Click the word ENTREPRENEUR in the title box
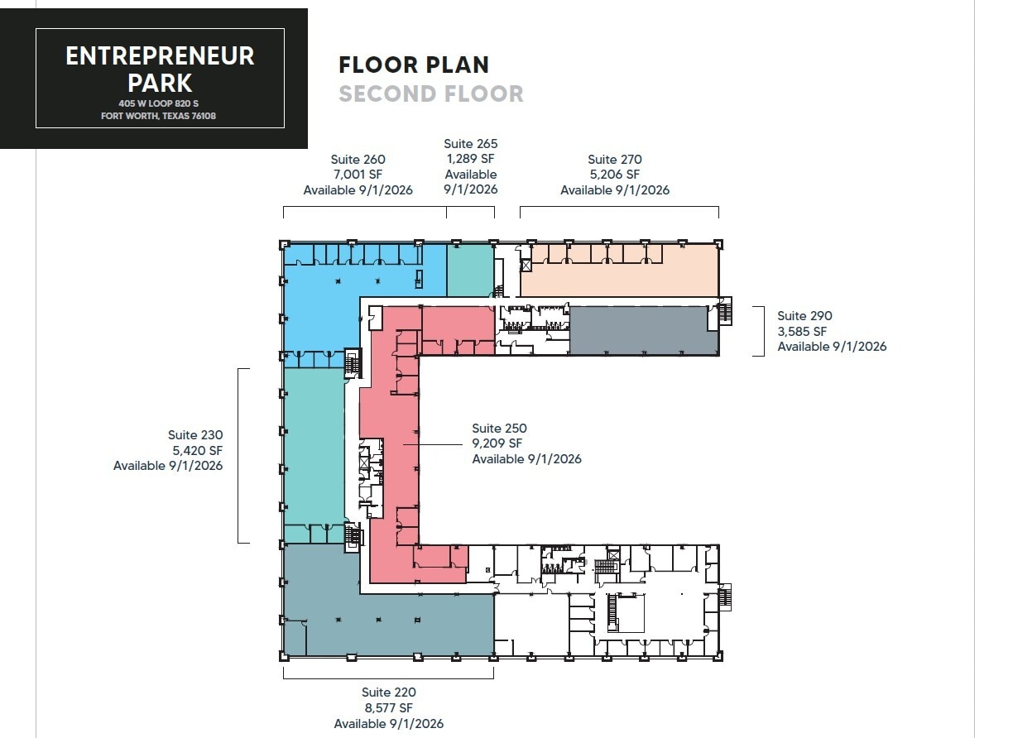point(160,56)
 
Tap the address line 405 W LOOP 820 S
point(160,103)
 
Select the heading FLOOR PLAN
point(414,65)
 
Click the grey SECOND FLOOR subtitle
point(430,94)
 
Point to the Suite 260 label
point(358,160)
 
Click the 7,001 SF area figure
point(358,175)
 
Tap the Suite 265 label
point(470,144)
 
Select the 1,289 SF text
point(470,159)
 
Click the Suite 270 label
point(614,160)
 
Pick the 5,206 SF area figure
point(614,175)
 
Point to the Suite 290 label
point(804,316)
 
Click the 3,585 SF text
point(802,331)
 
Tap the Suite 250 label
point(499,429)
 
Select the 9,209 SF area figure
point(497,443)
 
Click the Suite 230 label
point(195,435)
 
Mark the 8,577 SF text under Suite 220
point(388,708)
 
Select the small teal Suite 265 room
point(469,271)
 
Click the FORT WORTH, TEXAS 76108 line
point(160,116)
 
